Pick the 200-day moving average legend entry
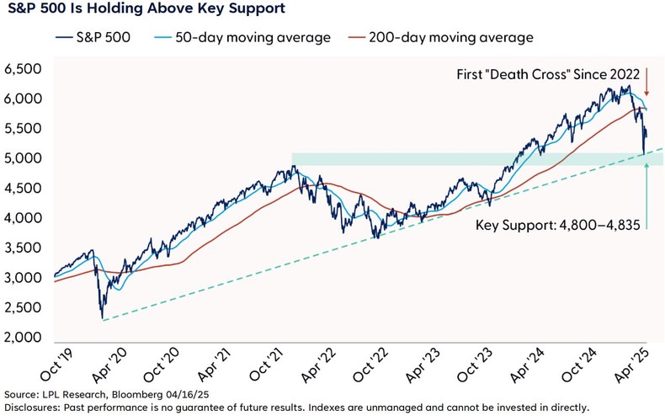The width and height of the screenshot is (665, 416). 443,38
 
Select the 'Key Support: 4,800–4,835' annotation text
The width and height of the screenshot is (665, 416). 555,227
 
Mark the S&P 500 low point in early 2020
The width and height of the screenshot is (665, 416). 101,318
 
